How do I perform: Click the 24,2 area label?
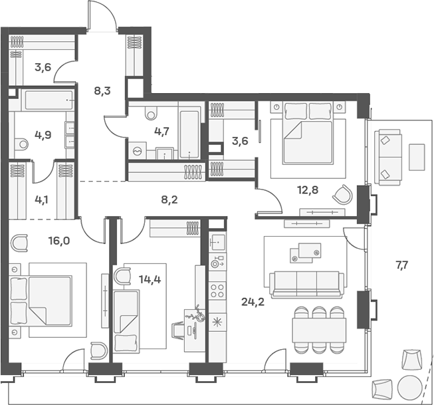click(251, 300)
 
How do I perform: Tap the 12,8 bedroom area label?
click(306, 190)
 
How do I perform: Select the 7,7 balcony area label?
click(401, 265)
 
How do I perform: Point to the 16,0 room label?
click(58, 241)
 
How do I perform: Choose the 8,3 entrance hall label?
click(102, 91)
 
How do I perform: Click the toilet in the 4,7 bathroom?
click(149, 112)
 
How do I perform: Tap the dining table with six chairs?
click(319, 329)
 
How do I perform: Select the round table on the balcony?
click(409, 386)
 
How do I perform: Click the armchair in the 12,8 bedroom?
click(343, 195)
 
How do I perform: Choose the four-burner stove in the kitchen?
click(217, 289)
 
